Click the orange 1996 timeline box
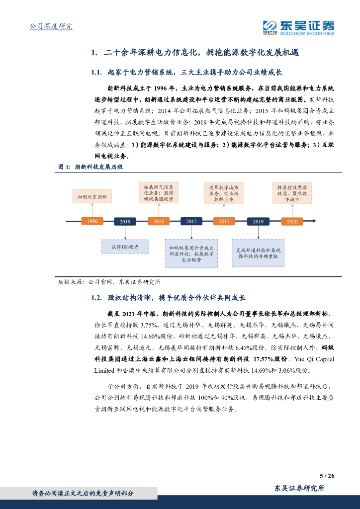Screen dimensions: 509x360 click(92, 222)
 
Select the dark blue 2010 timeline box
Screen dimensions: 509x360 click(125, 222)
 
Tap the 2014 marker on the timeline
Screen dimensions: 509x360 click(158, 222)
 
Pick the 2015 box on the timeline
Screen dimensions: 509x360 click(191, 222)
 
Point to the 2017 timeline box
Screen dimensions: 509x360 click(224, 222)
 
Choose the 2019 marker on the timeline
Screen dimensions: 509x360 click(258, 222)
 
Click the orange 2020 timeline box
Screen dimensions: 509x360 click(292, 222)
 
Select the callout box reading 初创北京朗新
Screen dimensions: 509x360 click(92, 196)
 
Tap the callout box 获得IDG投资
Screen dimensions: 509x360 click(125, 247)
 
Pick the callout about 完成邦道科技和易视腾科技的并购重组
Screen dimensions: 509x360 click(258, 253)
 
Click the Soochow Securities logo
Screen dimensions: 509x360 click(298, 28)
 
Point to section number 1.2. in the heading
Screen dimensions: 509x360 click(96, 298)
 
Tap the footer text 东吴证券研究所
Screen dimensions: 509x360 click(299, 488)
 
